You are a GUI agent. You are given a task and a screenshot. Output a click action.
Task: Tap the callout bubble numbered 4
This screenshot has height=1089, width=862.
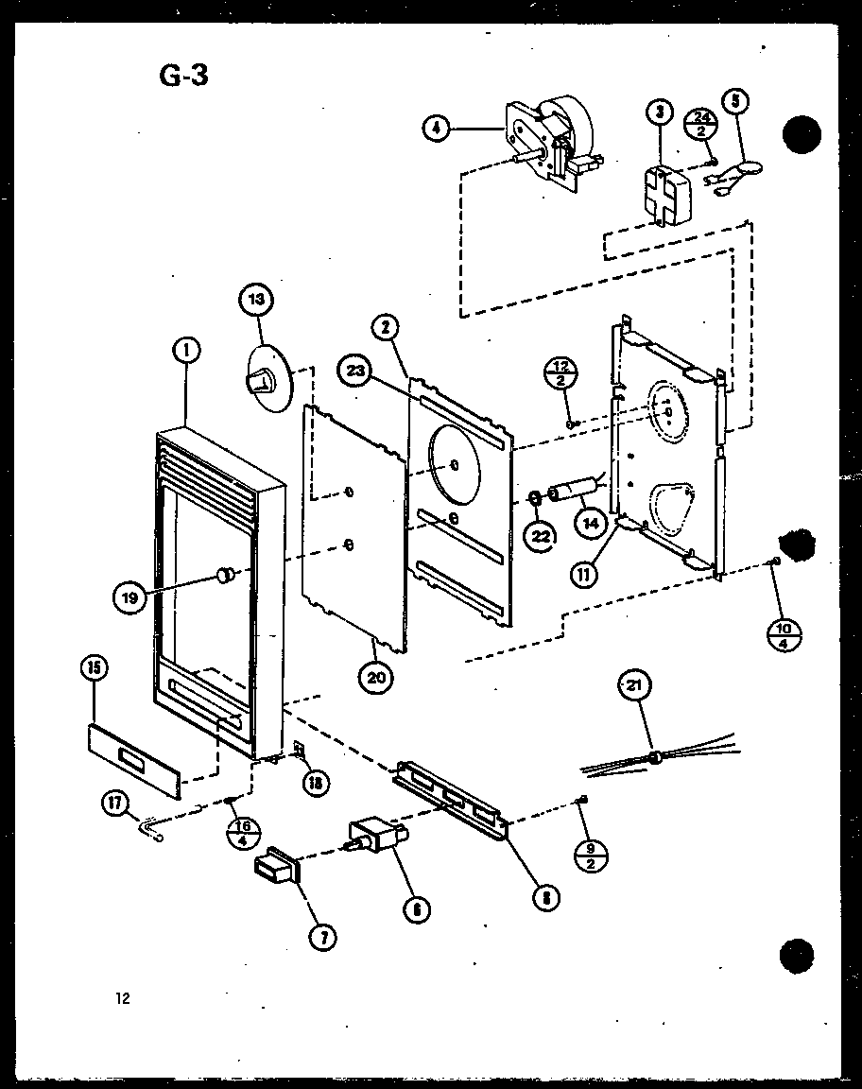(x=435, y=130)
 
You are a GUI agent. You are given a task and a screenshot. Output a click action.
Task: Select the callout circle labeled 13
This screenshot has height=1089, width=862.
(x=256, y=302)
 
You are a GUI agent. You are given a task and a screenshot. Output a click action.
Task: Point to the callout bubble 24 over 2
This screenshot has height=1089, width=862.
(x=701, y=122)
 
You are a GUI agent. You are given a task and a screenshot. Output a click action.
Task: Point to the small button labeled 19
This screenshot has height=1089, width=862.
(x=226, y=573)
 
